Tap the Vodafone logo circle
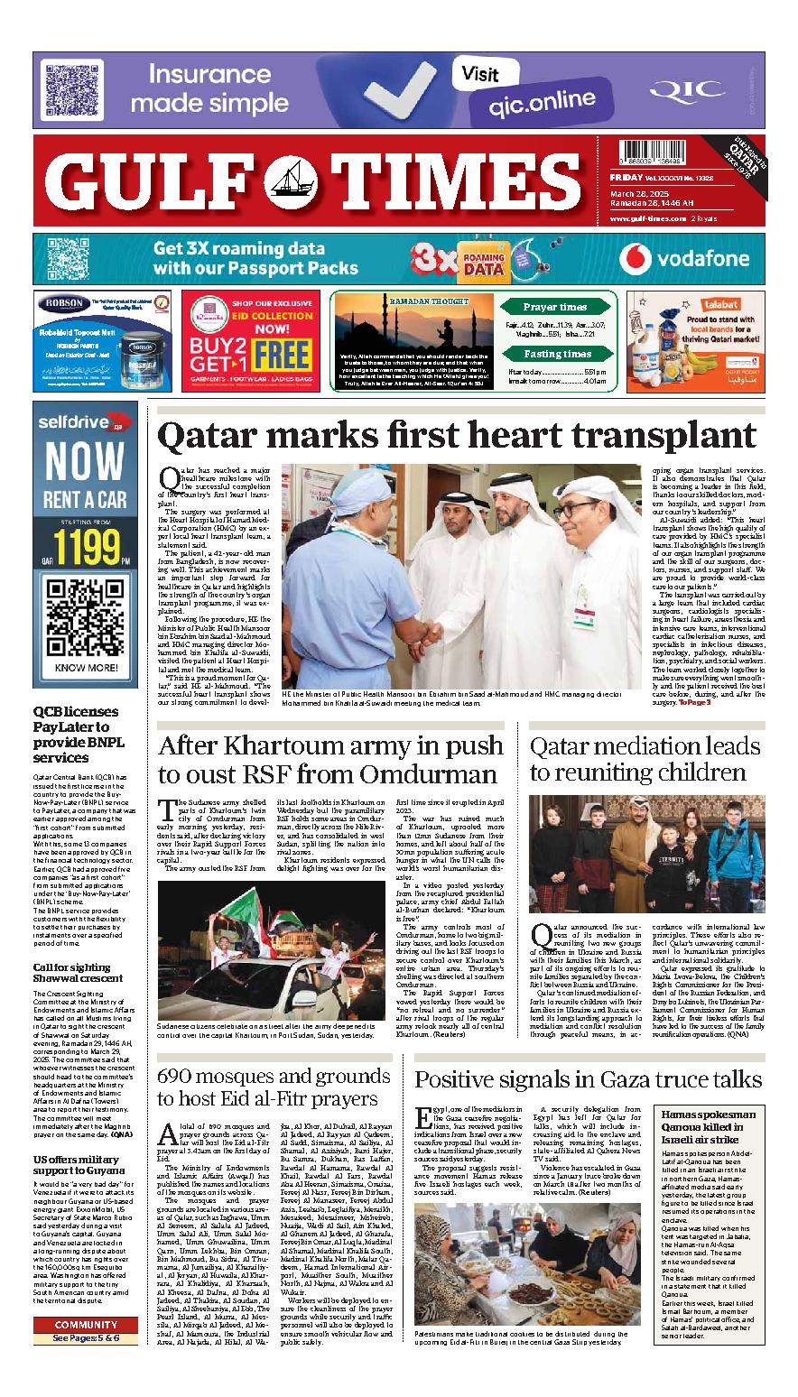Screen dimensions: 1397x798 tap(636, 260)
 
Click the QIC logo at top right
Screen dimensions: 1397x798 tap(700, 91)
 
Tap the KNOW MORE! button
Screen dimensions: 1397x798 tap(86, 668)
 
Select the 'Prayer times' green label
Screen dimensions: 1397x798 tap(554, 308)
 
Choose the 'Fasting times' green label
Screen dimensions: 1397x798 tap(557, 355)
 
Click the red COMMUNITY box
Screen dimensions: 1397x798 tap(86, 1325)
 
